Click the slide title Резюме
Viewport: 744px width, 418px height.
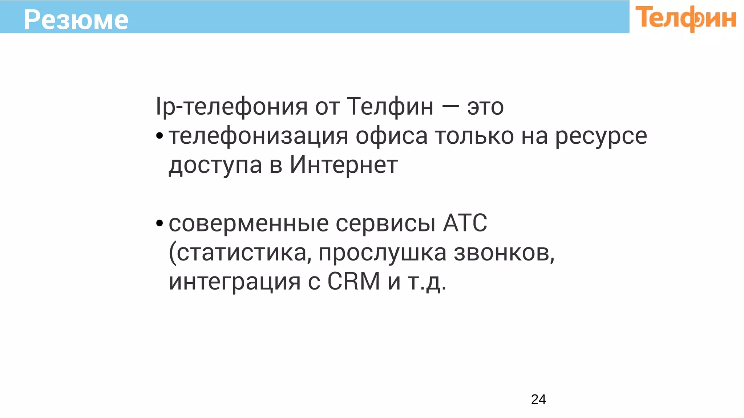pos(76,20)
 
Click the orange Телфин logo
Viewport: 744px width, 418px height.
pos(686,18)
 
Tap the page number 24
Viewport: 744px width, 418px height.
pos(538,399)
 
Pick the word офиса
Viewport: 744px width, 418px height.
pos(392,136)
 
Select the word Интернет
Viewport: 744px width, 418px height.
pos(344,165)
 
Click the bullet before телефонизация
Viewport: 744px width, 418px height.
pos(159,136)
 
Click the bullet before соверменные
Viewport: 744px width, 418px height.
pos(159,223)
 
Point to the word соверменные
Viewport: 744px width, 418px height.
pos(248,223)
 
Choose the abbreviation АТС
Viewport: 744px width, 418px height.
pos(465,223)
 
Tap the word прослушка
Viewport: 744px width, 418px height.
pos(382,253)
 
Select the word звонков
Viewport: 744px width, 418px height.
pos(504,253)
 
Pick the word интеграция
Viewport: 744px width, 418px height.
pos(235,282)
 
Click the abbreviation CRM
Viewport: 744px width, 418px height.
pos(354,281)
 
